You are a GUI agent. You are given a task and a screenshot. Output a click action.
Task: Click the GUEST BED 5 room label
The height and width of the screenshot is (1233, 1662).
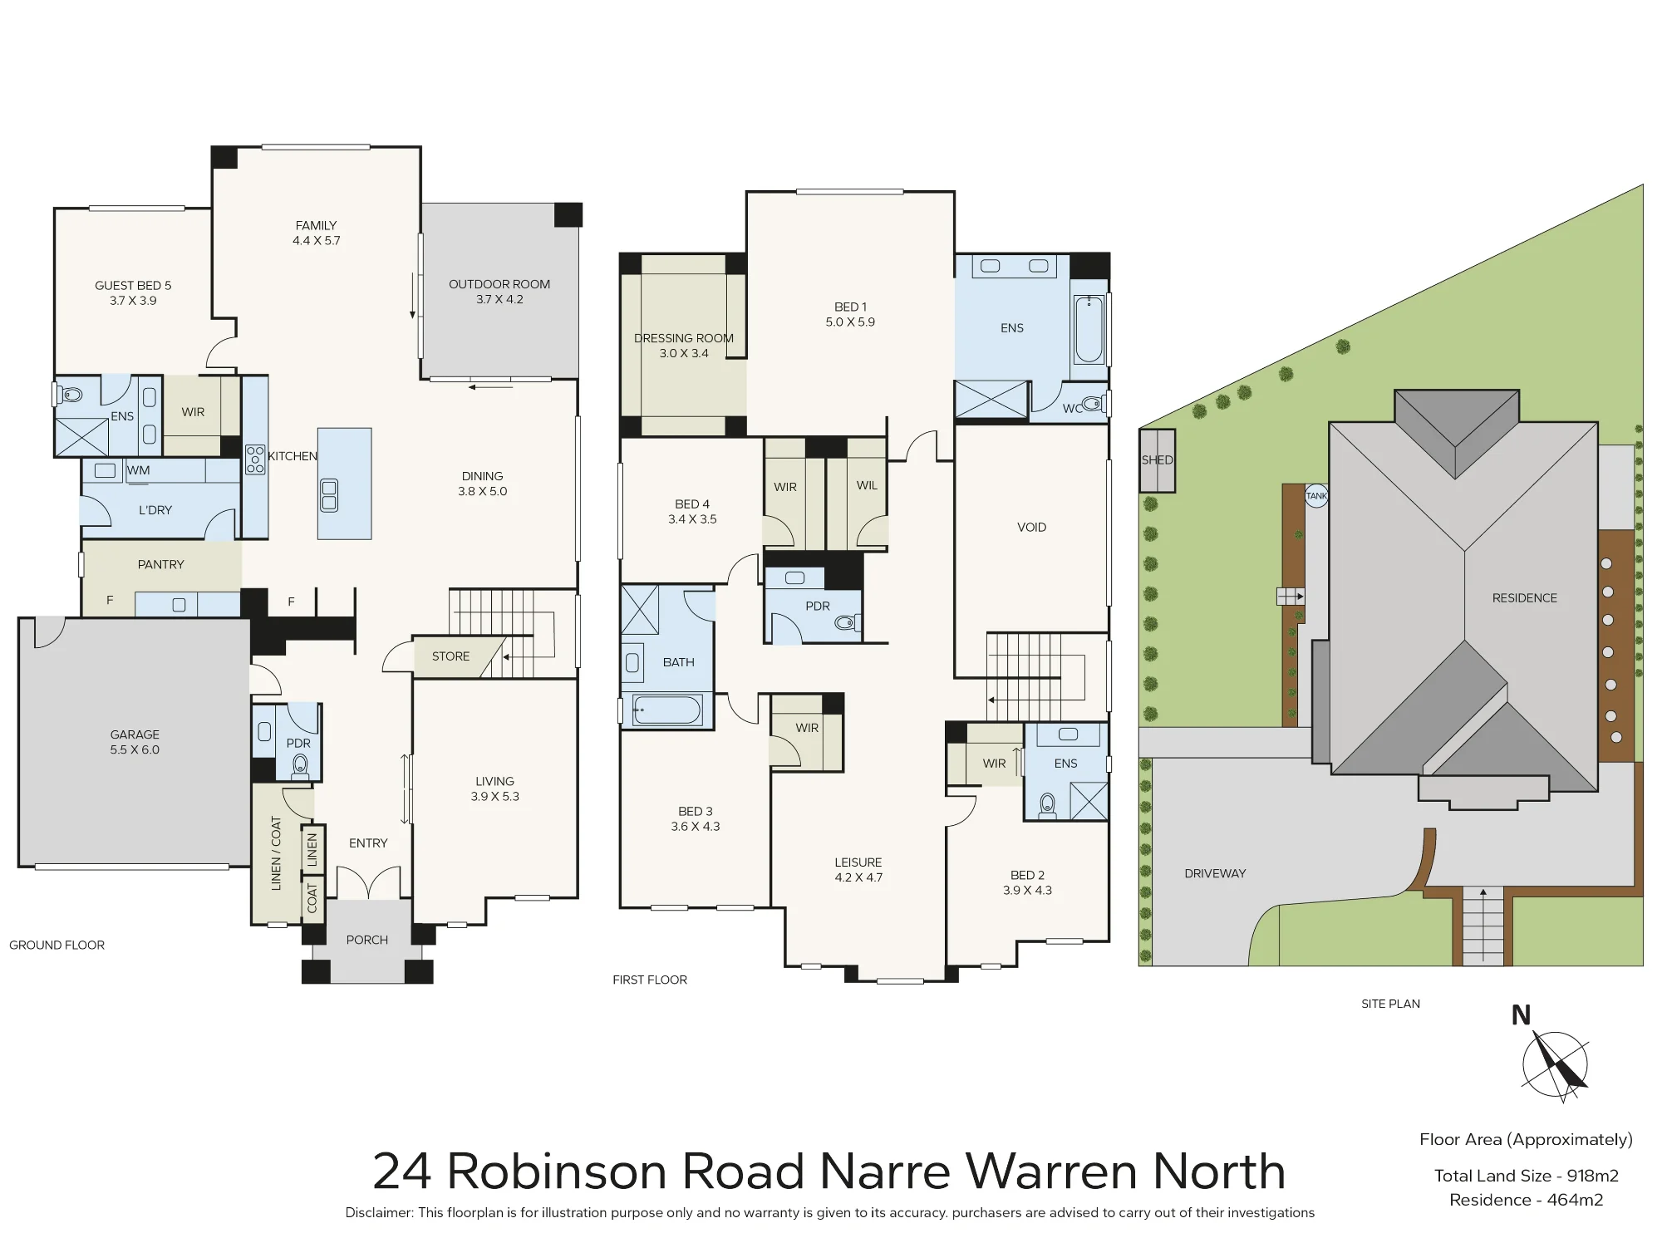coord(133,285)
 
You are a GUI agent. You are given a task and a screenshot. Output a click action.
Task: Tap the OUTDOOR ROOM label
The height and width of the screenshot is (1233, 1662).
coord(499,284)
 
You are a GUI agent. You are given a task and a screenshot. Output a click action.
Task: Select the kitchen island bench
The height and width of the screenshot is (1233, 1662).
coord(344,484)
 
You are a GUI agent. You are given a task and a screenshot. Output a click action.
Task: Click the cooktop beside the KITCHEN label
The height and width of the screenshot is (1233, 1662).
coord(255,459)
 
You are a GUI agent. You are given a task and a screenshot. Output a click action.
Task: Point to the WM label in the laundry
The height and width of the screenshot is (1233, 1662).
coord(139,470)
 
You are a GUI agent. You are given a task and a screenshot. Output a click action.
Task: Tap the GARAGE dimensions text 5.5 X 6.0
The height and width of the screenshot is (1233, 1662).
coord(135,749)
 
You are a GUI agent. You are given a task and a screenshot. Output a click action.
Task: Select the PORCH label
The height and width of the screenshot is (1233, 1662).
coord(367,940)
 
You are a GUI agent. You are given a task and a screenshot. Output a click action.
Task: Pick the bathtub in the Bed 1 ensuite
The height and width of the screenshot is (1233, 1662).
coord(1089,330)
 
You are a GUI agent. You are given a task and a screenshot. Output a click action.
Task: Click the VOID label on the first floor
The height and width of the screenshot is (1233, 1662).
coord(1031,527)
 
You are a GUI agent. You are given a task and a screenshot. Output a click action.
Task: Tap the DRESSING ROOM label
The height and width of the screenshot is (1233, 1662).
coord(684,338)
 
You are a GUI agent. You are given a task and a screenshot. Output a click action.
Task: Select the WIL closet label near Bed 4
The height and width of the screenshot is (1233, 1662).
coord(867,485)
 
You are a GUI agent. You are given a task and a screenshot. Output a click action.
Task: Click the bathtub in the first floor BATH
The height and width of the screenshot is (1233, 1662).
coord(667,710)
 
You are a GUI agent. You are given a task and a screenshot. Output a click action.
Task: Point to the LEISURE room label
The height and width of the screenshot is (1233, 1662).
coord(858,862)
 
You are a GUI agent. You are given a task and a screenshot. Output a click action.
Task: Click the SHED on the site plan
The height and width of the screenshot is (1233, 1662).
coord(1157,460)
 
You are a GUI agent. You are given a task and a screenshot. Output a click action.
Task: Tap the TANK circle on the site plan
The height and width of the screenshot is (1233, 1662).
coord(1317,496)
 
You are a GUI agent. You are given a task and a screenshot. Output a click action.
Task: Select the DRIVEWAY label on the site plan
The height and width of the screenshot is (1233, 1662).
coord(1215,873)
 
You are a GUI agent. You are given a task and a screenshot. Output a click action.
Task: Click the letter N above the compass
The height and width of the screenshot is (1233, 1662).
coord(1521,1015)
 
